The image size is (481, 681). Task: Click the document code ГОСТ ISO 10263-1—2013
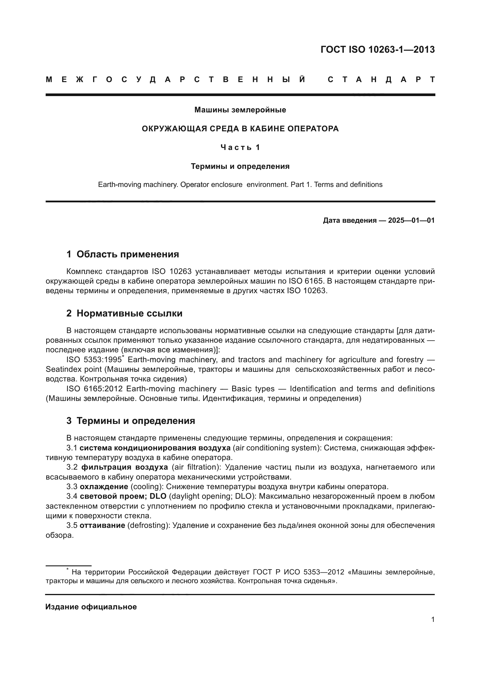[377, 49]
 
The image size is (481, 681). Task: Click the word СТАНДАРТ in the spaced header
[381, 80]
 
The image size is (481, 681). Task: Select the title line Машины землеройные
[240, 110]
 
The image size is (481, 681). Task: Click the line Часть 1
[240, 147]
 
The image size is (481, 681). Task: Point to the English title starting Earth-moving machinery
[240, 185]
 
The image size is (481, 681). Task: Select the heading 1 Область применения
[123, 254]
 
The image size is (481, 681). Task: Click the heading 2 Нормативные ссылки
[124, 313]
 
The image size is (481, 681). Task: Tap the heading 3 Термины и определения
[130, 421]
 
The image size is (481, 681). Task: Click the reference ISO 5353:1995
[94, 360]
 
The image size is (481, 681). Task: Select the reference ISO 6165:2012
[94, 389]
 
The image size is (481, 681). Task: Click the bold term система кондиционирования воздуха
[155, 447]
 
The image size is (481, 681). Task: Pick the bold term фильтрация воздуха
[124, 467]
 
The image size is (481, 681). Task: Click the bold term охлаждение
[104, 487]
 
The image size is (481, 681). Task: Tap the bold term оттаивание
[102, 525]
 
